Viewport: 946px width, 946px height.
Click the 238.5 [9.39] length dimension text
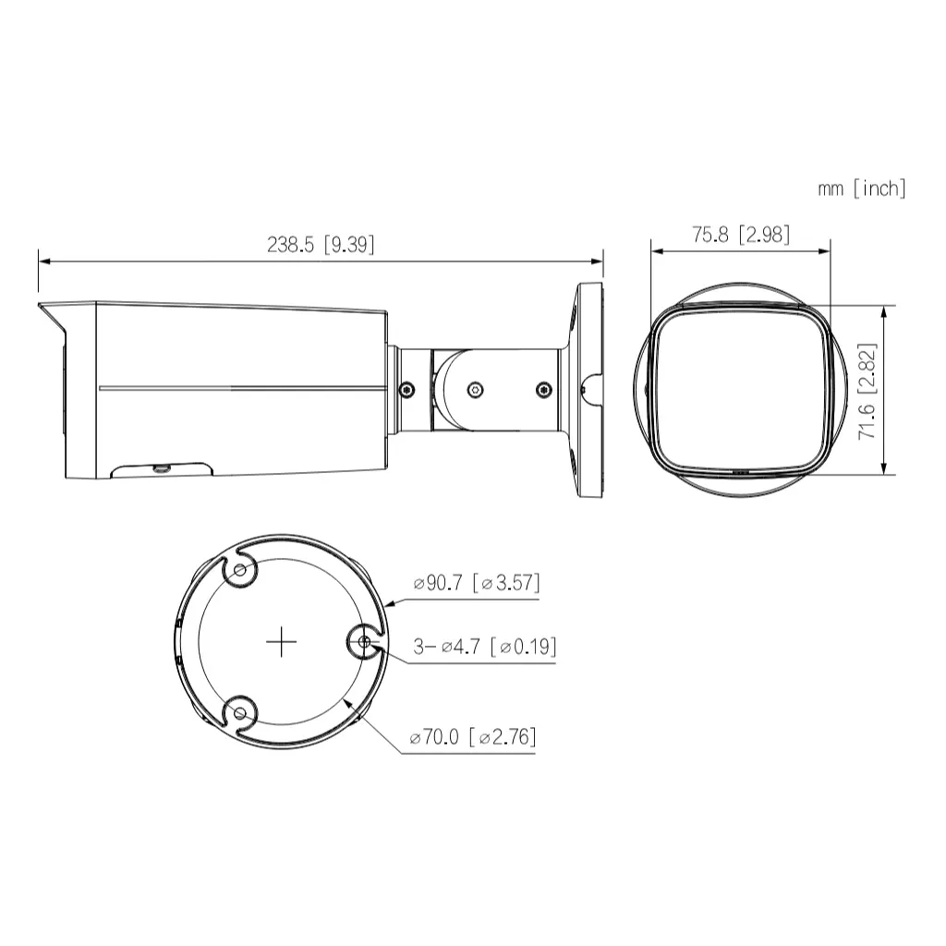click(x=321, y=244)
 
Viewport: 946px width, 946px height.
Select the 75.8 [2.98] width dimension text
click(x=741, y=234)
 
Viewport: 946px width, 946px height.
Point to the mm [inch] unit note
click(x=861, y=188)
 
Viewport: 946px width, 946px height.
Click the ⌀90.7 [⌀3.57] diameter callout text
click(x=477, y=583)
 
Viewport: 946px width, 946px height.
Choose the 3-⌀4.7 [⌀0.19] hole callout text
click(x=484, y=647)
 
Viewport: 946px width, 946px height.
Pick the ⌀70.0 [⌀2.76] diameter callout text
click(x=473, y=737)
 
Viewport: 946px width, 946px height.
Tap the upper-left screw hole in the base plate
click(x=241, y=573)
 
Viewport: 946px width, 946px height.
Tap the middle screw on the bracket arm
click(x=474, y=390)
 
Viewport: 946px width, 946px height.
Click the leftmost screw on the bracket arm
click(x=406, y=390)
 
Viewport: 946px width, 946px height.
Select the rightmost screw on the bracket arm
click(x=542, y=390)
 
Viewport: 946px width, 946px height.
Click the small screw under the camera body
click(x=163, y=468)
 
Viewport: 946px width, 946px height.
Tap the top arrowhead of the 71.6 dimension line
click(x=886, y=311)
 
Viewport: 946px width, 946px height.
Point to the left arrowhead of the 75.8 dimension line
click(x=657, y=249)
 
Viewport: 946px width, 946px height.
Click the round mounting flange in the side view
click(x=588, y=390)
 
